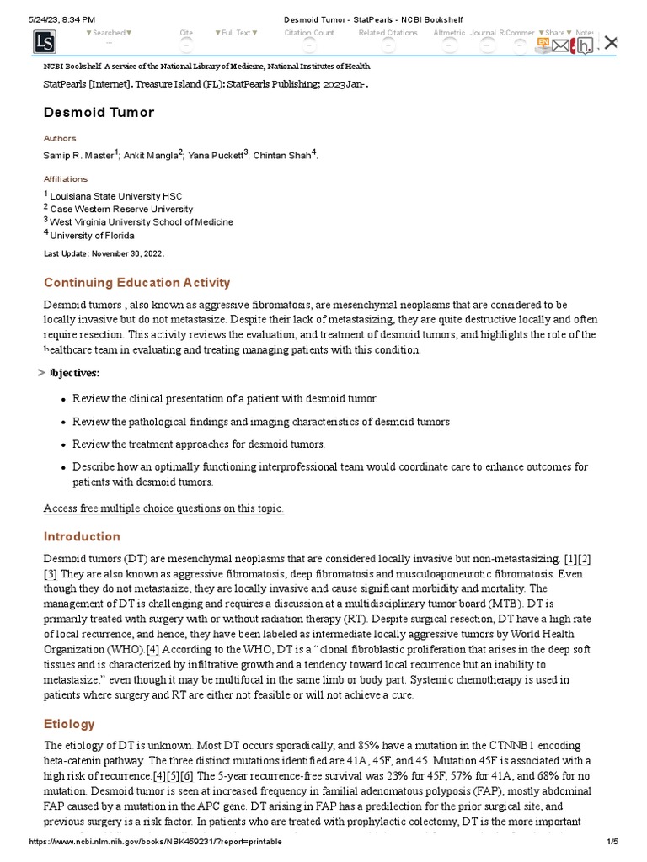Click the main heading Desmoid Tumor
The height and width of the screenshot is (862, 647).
coord(99,112)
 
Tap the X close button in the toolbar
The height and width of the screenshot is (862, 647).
coord(612,42)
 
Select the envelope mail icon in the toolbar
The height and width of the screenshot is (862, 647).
coord(560,45)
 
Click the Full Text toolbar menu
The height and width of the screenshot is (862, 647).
coord(236,33)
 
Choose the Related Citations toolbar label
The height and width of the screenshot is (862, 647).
coord(388,33)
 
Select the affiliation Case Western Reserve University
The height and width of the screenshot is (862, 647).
coord(121,209)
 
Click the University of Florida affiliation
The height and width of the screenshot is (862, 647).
coord(92,236)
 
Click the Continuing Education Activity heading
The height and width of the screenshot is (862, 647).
coord(136,283)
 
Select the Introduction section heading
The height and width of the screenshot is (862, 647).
coord(82,536)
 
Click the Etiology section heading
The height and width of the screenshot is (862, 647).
coord(69,724)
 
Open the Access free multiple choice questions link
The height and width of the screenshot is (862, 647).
coord(163,508)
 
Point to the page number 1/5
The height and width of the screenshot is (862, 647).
coord(612,842)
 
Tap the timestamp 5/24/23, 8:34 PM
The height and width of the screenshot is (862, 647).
coord(61,19)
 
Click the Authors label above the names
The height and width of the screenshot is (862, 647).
coord(60,138)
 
